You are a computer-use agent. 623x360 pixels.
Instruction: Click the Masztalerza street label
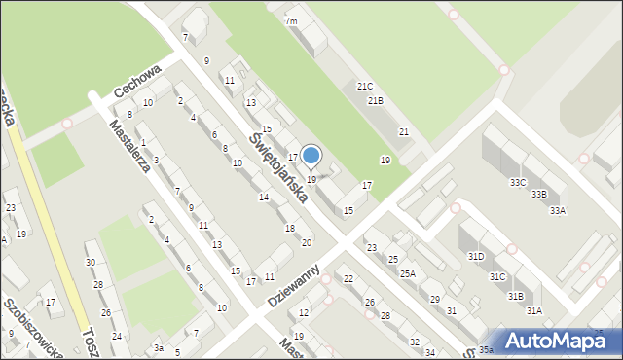[129, 145]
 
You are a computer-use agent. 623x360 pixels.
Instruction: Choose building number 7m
[291, 21]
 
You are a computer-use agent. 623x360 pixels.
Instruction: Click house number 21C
[364, 87]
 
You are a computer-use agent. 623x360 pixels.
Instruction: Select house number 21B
[375, 101]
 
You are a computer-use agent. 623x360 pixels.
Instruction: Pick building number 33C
[518, 182]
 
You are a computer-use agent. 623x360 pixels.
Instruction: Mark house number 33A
[557, 210]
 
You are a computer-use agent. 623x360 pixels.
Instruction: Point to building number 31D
[475, 256]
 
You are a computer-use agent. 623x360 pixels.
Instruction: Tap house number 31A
[533, 310]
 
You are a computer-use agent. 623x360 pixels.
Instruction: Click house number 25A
[407, 274]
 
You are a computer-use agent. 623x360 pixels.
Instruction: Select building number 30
[90, 262]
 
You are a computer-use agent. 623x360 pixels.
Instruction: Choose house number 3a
[158, 347]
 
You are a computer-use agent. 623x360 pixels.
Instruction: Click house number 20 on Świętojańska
[306, 242]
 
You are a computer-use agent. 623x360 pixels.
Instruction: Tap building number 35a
[485, 349]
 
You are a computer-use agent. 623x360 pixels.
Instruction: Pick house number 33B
[538, 195]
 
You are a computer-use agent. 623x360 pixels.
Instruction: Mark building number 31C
[496, 276]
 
